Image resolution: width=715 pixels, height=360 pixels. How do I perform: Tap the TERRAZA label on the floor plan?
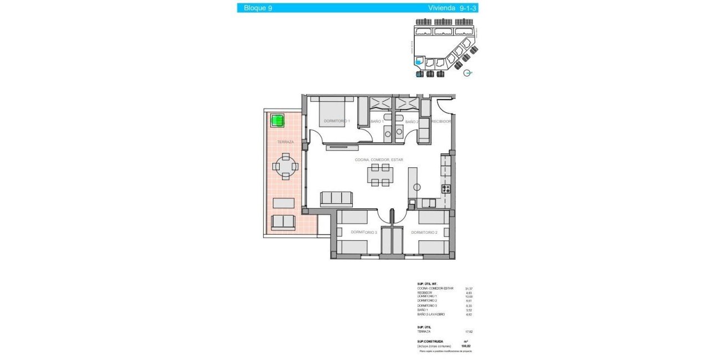285,142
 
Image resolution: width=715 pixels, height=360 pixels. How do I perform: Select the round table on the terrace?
285,166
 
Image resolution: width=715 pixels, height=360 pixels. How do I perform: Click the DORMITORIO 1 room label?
336,121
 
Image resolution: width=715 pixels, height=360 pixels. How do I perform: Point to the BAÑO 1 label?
377,121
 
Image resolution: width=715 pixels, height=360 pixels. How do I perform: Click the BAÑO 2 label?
411,121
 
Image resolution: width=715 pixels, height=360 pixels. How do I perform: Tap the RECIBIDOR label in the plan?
441,121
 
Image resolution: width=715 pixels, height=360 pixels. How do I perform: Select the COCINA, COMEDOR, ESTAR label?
379,160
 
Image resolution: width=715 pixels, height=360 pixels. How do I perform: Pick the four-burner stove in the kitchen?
446,189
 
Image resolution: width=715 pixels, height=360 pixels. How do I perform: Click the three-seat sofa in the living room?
336,198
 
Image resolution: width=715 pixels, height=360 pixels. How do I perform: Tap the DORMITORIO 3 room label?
364,233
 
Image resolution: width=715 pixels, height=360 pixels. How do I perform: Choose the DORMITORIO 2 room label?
425,233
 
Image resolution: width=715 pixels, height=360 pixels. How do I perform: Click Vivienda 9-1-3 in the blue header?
450,8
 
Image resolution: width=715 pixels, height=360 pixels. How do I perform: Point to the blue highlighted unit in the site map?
419,63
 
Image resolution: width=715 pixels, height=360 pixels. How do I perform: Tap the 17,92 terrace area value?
469,332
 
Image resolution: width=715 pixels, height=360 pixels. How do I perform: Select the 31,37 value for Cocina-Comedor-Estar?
469,289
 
